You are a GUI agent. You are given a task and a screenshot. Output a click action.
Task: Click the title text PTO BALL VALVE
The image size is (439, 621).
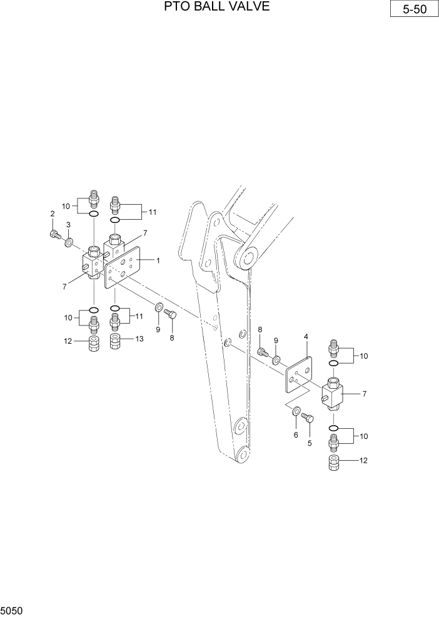217,7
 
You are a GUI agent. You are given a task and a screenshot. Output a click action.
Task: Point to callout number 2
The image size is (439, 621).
52,215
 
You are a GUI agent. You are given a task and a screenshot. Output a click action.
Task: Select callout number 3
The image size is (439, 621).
68,225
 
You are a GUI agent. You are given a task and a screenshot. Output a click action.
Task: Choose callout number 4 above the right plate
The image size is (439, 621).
306,337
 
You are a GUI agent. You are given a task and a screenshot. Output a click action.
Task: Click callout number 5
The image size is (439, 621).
308,444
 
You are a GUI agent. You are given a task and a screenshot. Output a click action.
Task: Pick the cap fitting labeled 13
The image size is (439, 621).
115,342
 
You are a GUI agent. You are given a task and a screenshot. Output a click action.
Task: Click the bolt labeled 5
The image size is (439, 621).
306,418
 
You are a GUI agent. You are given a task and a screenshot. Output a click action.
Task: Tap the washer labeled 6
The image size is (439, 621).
295,411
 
